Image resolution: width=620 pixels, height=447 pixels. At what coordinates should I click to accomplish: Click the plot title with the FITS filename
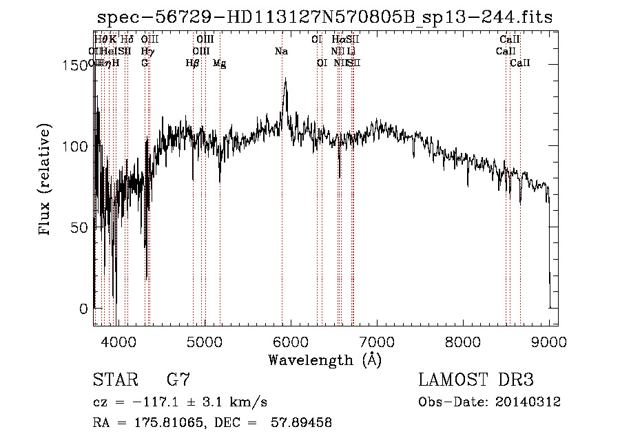(324, 17)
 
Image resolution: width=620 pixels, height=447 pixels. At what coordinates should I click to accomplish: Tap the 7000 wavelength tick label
(377, 341)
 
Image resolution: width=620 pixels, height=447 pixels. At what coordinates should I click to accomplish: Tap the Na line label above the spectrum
(281, 52)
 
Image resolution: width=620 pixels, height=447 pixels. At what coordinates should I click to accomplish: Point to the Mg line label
(219, 63)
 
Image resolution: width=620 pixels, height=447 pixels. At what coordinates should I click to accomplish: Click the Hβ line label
(193, 63)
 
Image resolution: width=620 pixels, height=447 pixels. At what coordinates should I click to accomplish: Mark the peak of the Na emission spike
(285, 79)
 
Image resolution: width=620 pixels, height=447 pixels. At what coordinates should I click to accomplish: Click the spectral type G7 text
(178, 380)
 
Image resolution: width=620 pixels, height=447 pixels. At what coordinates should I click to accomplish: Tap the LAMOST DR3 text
(476, 380)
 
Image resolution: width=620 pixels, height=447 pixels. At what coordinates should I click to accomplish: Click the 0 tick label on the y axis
(84, 309)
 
